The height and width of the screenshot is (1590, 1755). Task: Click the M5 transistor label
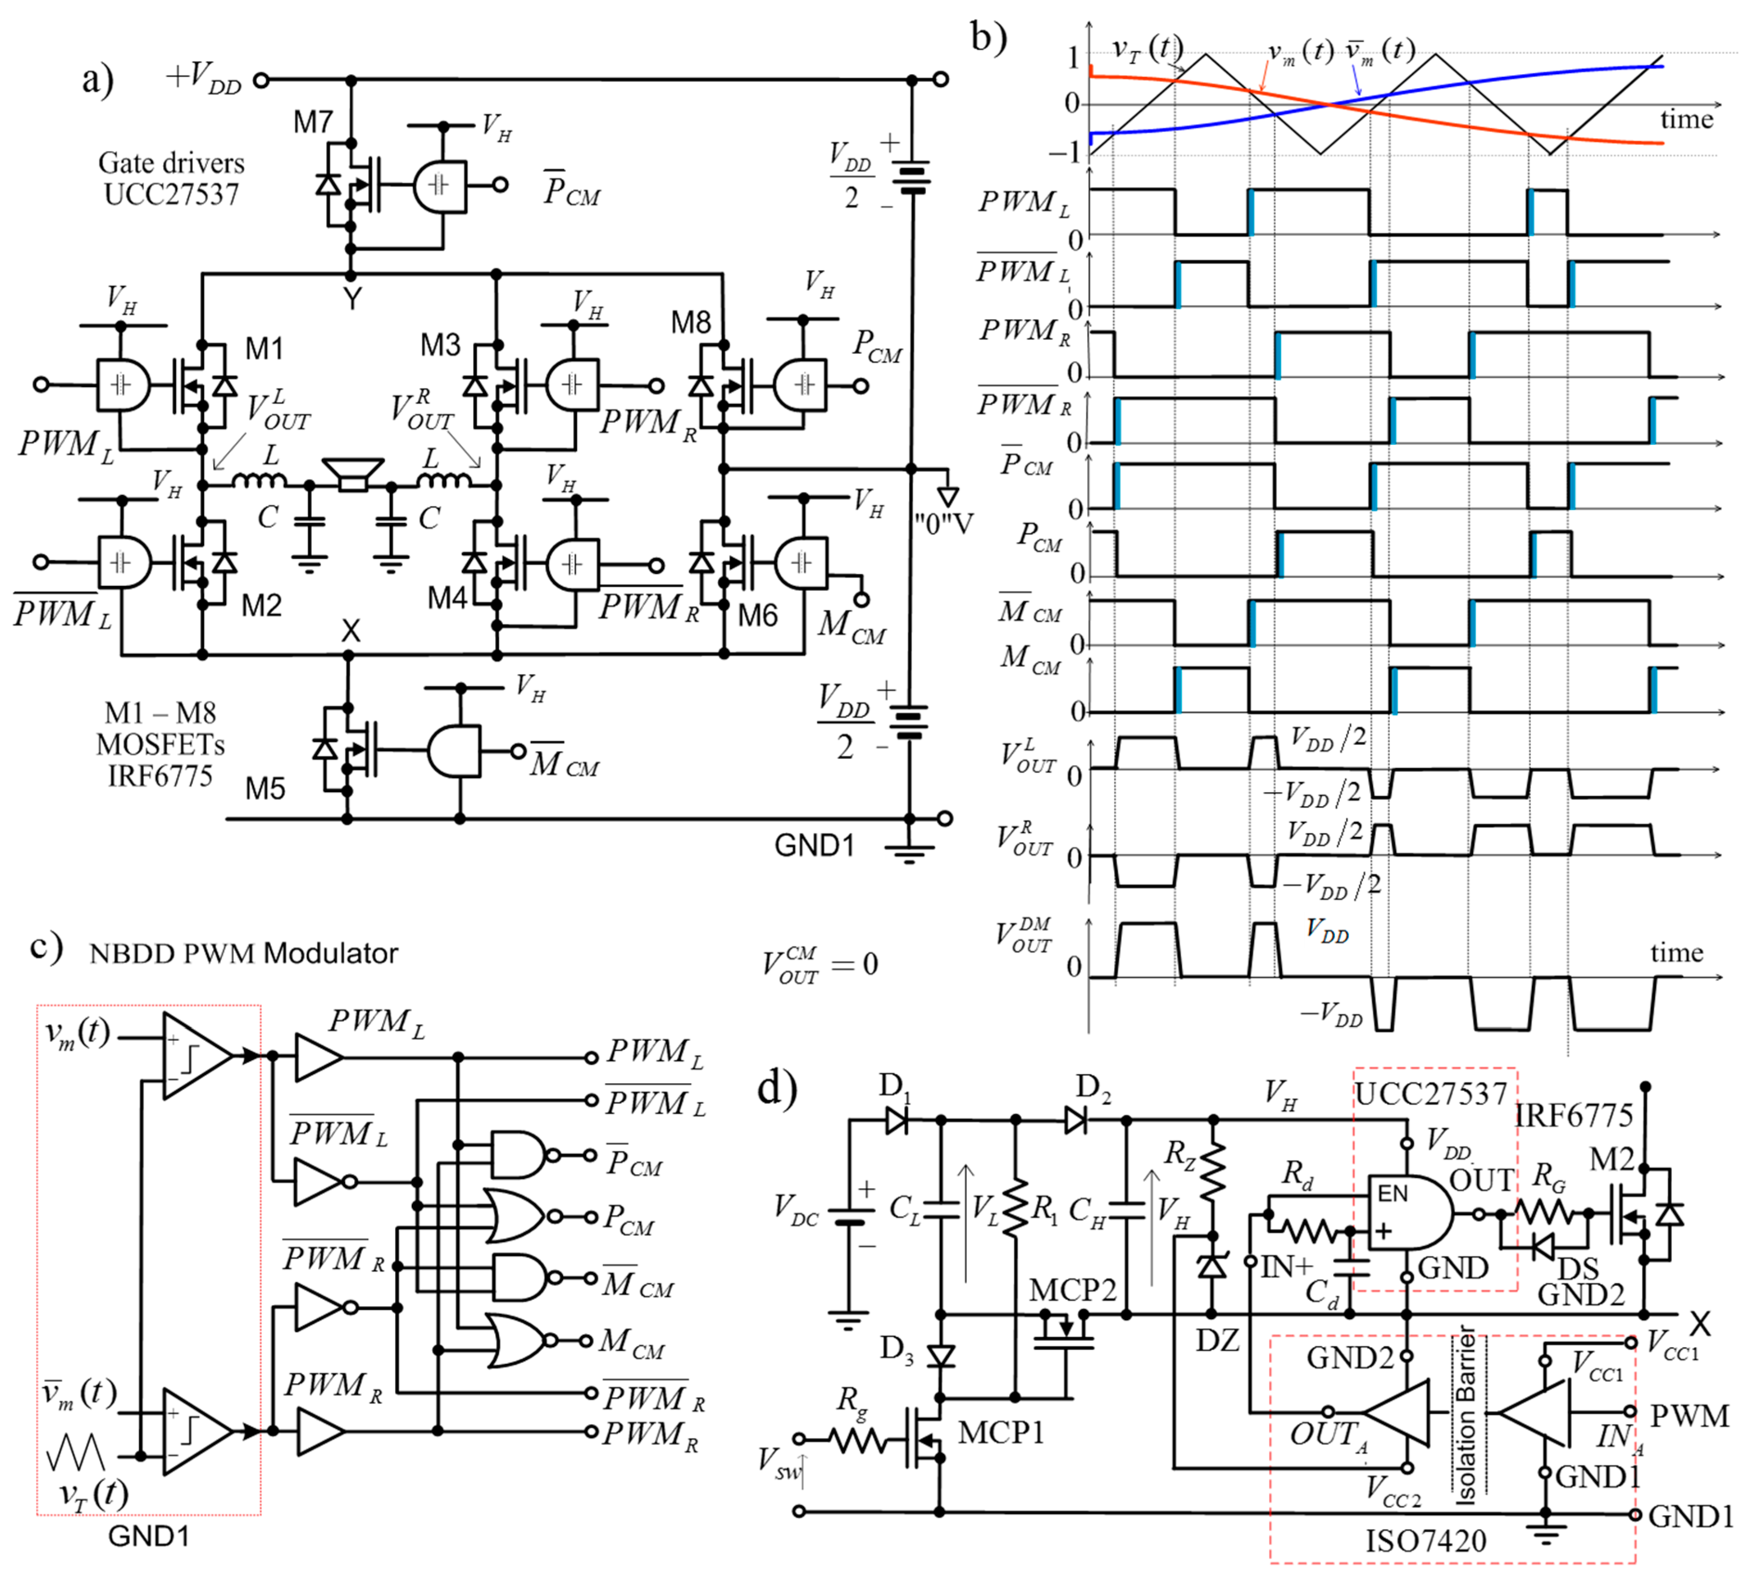click(265, 789)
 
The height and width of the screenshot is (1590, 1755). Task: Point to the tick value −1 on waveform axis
click(1064, 153)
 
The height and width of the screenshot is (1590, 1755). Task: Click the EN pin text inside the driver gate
click(1392, 1193)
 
